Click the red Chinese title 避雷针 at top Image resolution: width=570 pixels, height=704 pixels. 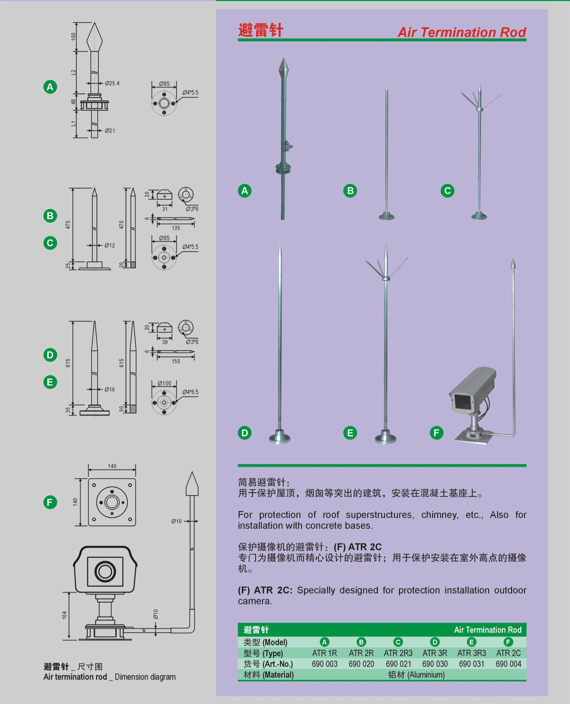coord(261,30)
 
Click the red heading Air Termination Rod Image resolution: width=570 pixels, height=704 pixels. coord(462,32)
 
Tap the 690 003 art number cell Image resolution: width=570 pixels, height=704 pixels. coord(325,664)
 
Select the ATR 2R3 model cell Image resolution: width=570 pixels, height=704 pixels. coord(398,653)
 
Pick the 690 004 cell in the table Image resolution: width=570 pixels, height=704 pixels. coord(508,664)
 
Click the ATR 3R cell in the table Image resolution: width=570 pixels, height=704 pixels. coord(435,653)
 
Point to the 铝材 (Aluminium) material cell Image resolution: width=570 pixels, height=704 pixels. coord(416,675)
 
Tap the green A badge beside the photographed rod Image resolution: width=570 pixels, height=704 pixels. coord(245,190)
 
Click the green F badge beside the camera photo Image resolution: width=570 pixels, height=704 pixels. coord(437,433)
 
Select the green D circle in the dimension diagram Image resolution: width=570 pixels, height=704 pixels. coord(50,355)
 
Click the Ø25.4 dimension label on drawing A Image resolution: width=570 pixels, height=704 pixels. coord(112,83)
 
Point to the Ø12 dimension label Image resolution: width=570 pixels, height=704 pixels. coord(109,245)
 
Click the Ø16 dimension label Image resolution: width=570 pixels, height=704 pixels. coord(109,389)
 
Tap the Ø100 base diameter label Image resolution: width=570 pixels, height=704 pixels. coord(164,383)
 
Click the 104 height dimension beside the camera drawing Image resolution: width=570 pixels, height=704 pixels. coord(64,615)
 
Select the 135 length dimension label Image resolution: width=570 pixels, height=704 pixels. coord(176,228)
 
